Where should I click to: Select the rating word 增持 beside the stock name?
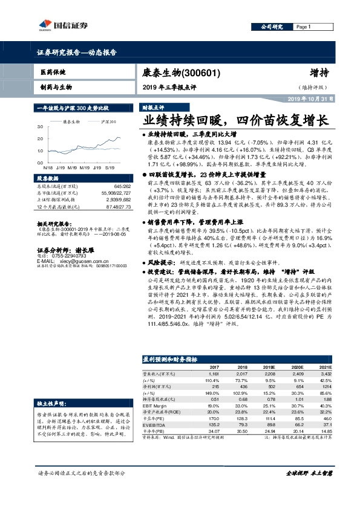tap(319, 73)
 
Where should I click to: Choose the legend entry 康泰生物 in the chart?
tap(72, 122)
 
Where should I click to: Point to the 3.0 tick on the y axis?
tap(39, 127)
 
